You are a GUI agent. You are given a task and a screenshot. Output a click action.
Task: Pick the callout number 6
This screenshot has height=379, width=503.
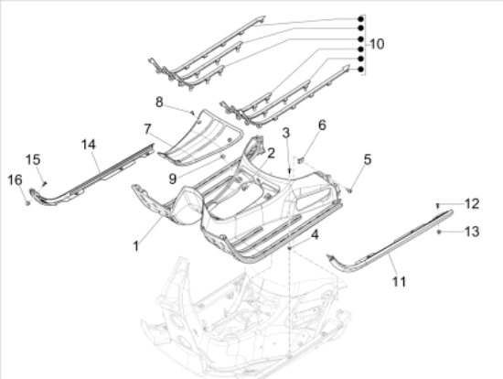click(321, 125)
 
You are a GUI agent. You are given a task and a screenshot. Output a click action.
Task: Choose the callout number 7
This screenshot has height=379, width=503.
click(147, 129)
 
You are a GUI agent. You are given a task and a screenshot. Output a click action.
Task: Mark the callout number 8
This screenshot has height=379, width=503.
click(158, 101)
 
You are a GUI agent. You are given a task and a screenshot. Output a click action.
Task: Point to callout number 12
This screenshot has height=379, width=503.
click(471, 203)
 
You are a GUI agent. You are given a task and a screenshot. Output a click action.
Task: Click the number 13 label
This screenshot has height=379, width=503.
click(471, 233)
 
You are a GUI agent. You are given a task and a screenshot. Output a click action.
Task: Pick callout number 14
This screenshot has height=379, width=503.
click(88, 144)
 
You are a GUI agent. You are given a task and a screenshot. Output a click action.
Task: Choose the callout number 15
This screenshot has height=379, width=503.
click(33, 159)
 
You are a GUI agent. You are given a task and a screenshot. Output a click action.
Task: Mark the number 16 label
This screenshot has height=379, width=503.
click(16, 179)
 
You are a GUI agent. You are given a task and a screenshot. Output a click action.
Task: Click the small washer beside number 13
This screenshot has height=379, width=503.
click(440, 233)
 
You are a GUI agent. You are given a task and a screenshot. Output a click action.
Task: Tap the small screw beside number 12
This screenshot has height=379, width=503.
click(438, 203)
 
